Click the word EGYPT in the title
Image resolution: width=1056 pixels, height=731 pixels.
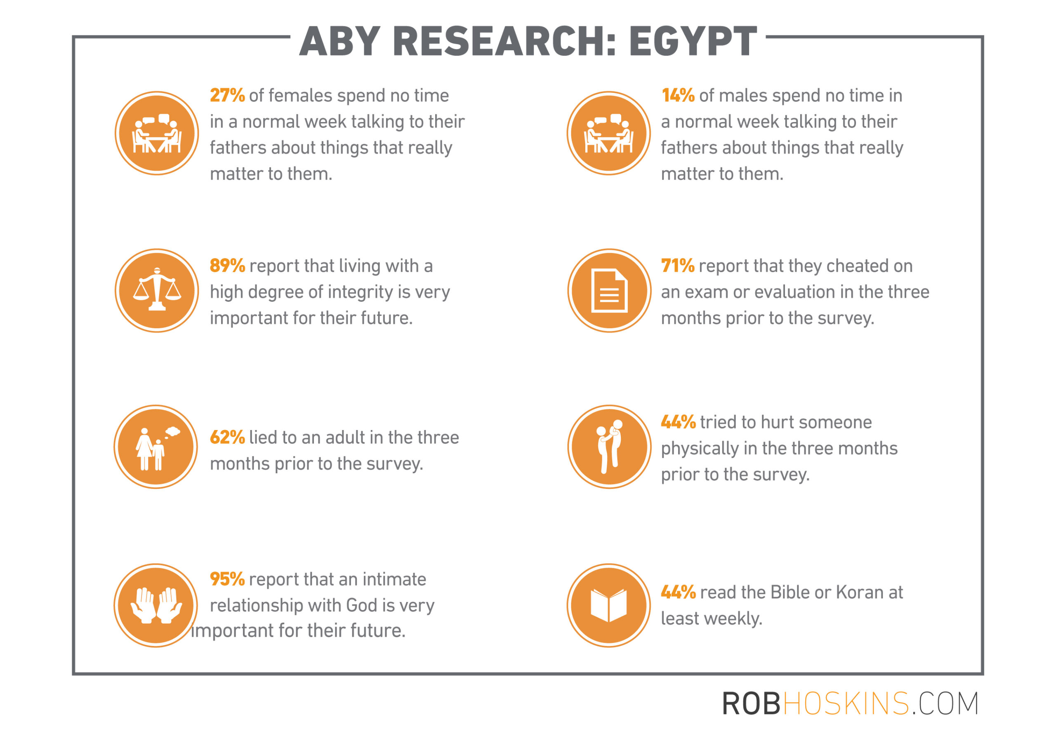coord(692,41)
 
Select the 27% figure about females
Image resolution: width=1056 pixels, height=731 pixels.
coord(227,95)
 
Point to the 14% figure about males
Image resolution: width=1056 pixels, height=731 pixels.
coord(678,95)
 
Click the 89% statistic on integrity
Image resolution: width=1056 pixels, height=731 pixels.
coord(227,266)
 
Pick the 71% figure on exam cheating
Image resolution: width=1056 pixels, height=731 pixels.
coord(678,266)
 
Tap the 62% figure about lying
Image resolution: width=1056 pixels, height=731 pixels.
coord(227,437)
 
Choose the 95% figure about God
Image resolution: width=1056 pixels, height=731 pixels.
coord(227,579)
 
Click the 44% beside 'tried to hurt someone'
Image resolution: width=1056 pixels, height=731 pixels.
coord(679,422)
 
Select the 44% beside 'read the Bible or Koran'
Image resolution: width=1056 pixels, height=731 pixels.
coord(679,592)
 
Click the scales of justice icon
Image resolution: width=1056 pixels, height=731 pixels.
coord(157,290)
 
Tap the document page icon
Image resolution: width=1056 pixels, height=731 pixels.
coord(609,290)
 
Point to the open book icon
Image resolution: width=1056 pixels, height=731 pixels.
coord(609,606)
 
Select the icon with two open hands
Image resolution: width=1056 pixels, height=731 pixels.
coord(156,606)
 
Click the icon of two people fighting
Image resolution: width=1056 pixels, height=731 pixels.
coord(609,447)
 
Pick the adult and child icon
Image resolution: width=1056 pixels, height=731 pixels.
coord(156,447)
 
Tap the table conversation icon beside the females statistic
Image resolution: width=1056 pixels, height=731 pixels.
coord(157,133)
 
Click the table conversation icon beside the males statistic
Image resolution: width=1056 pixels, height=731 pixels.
coord(609,133)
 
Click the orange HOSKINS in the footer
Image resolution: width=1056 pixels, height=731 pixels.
coord(846,703)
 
